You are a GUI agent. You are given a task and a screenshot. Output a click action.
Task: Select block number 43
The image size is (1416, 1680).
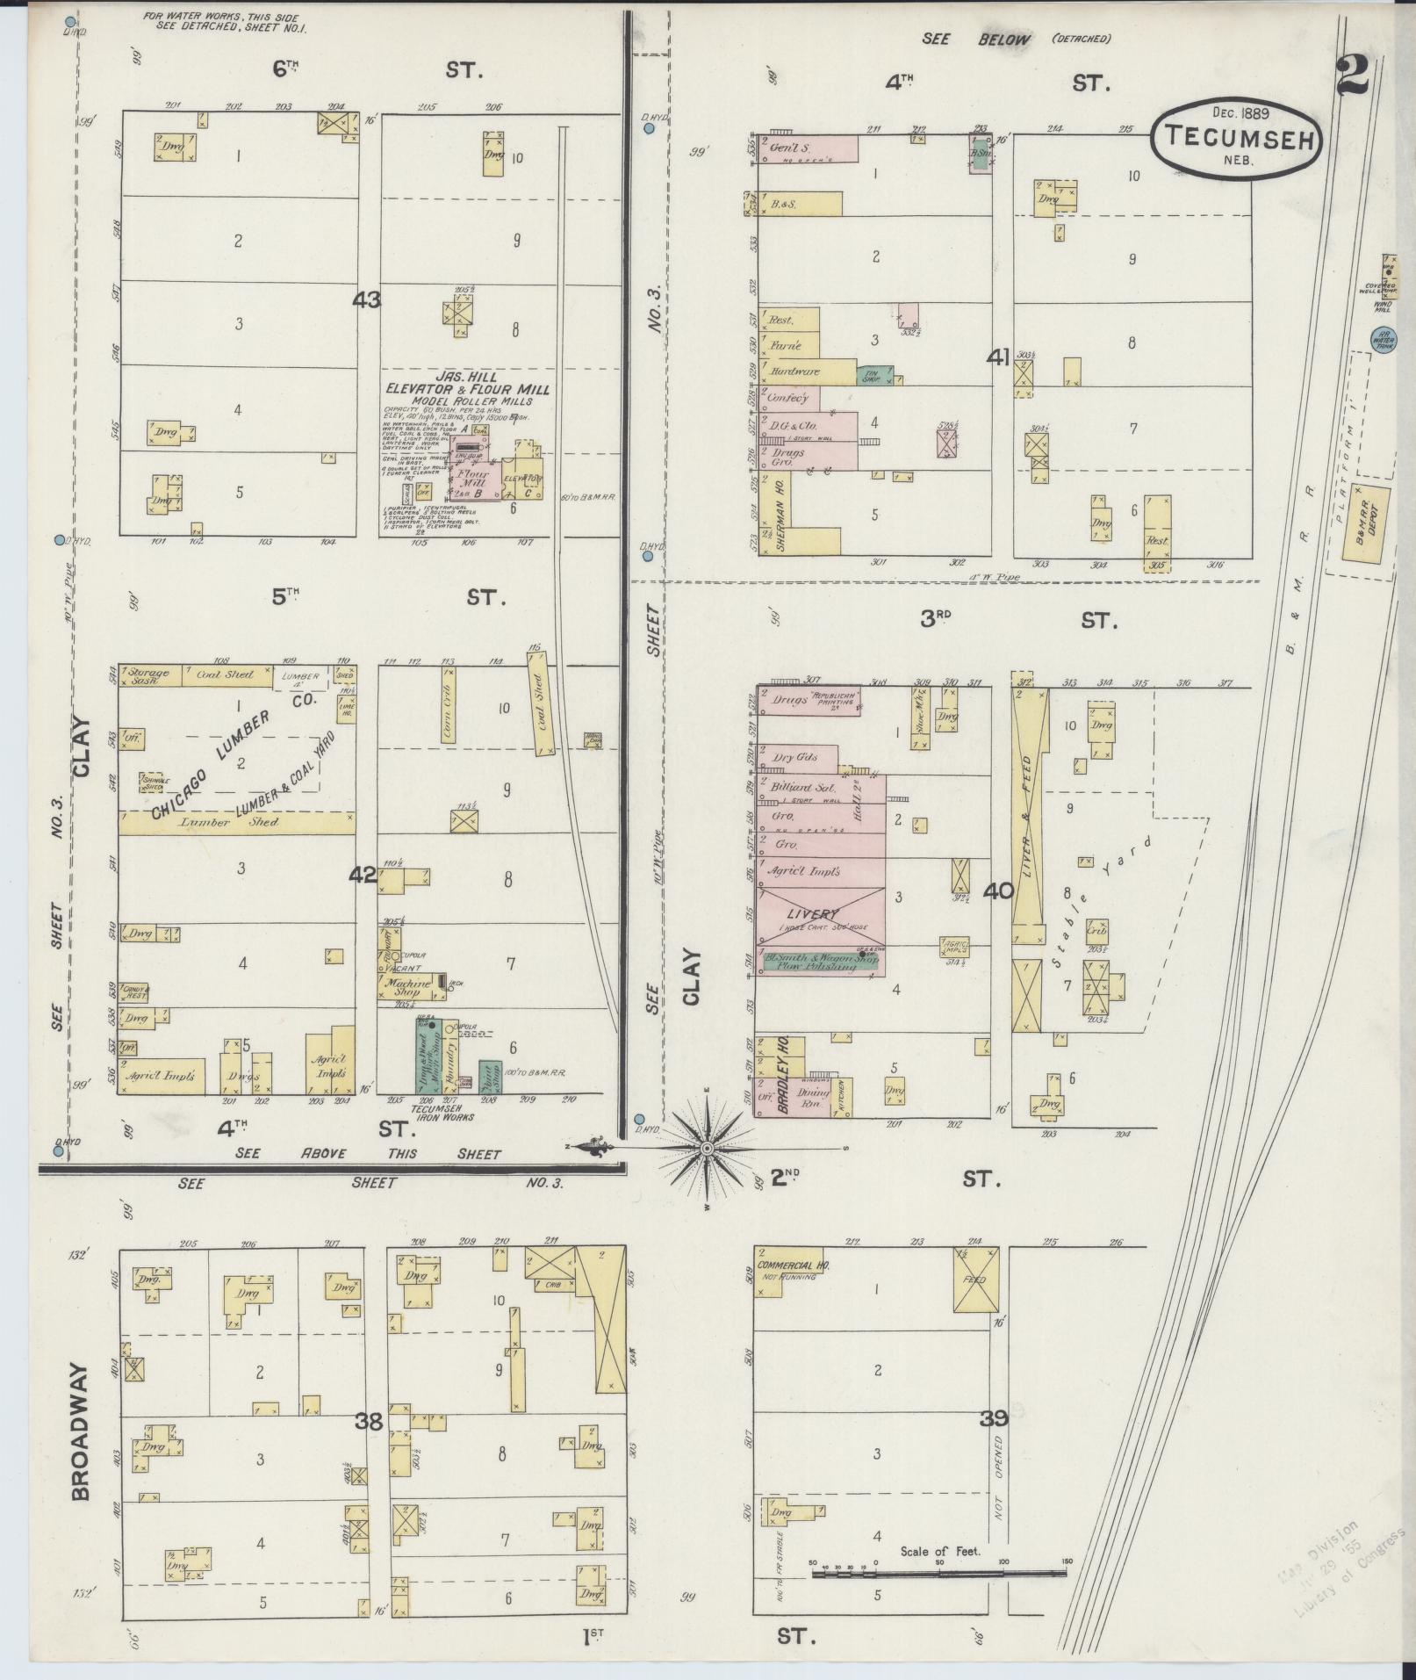[x=366, y=300]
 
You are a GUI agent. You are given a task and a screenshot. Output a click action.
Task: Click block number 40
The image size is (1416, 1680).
[x=998, y=891]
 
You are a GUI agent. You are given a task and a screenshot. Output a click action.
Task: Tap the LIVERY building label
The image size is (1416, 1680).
[x=814, y=914]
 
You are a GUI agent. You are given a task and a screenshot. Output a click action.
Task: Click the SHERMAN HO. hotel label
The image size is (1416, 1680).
[x=780, y=514]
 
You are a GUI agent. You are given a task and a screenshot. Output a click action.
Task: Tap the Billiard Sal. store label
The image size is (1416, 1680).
[x=802, y=788]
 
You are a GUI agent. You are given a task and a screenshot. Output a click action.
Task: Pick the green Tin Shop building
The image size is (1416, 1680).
[x=872, y=376]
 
